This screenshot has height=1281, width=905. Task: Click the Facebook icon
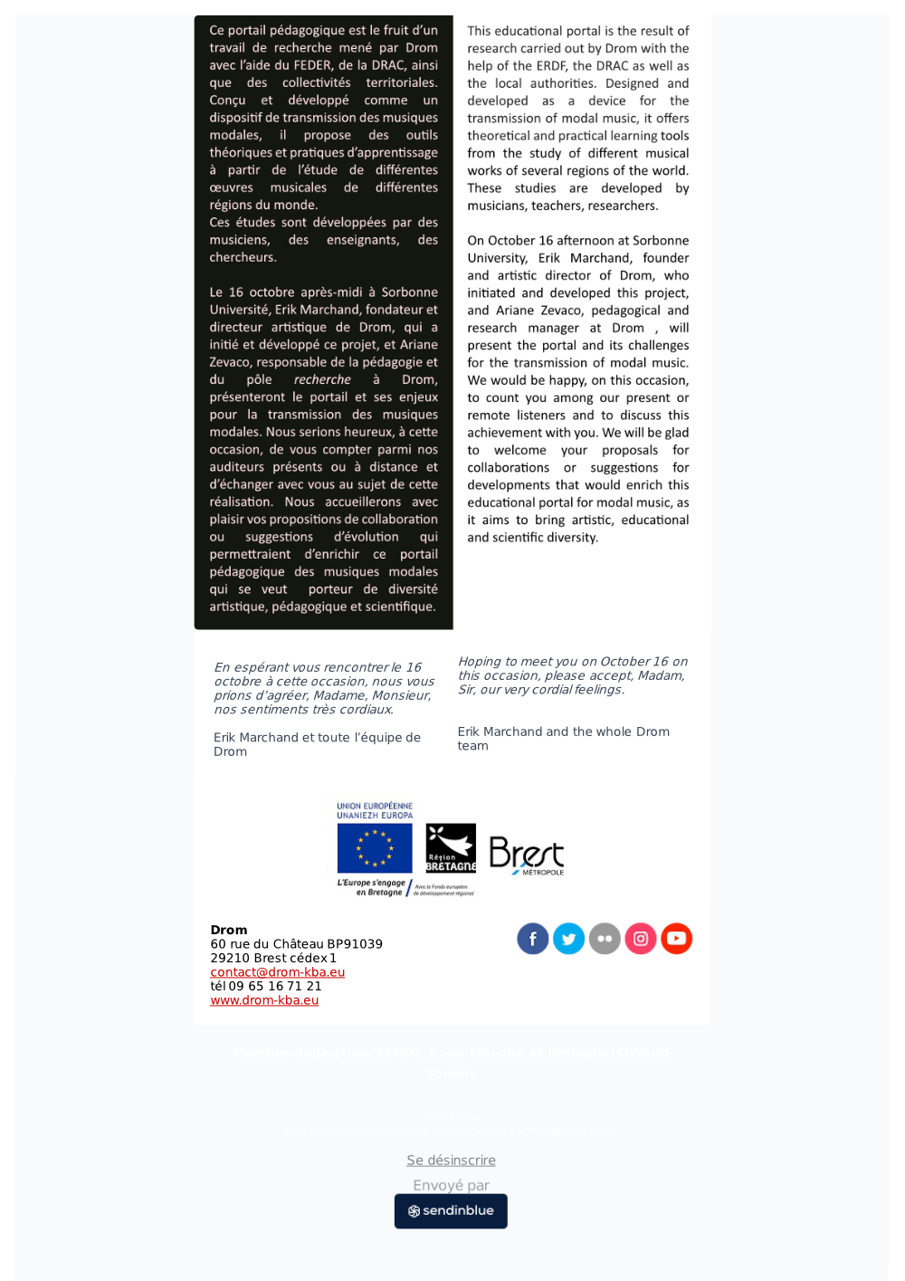point(533,939)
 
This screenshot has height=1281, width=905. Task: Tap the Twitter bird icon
point(568,939)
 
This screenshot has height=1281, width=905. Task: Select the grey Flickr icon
point(605,939)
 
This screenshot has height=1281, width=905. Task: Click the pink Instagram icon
point(641,939)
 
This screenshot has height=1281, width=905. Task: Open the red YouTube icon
point(676,939)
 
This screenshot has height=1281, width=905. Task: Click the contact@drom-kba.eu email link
point(277,972)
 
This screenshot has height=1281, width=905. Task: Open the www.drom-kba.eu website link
point(264,1000)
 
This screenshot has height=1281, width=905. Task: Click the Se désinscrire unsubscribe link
point(451,1161)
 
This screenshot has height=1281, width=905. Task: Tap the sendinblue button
point(451,1211)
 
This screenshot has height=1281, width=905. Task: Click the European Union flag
point(375,848)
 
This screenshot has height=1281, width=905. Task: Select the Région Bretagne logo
point(451,848)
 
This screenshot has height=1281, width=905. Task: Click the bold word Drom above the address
point(229,930)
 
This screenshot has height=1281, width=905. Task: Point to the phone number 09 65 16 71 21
point(275,987)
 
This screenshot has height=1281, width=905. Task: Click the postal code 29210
point(230,958)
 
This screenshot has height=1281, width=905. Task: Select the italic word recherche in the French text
point(322,380)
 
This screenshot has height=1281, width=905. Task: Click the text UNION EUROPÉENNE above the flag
point(375,806)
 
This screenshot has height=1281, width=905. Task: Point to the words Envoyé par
point(451,1185)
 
